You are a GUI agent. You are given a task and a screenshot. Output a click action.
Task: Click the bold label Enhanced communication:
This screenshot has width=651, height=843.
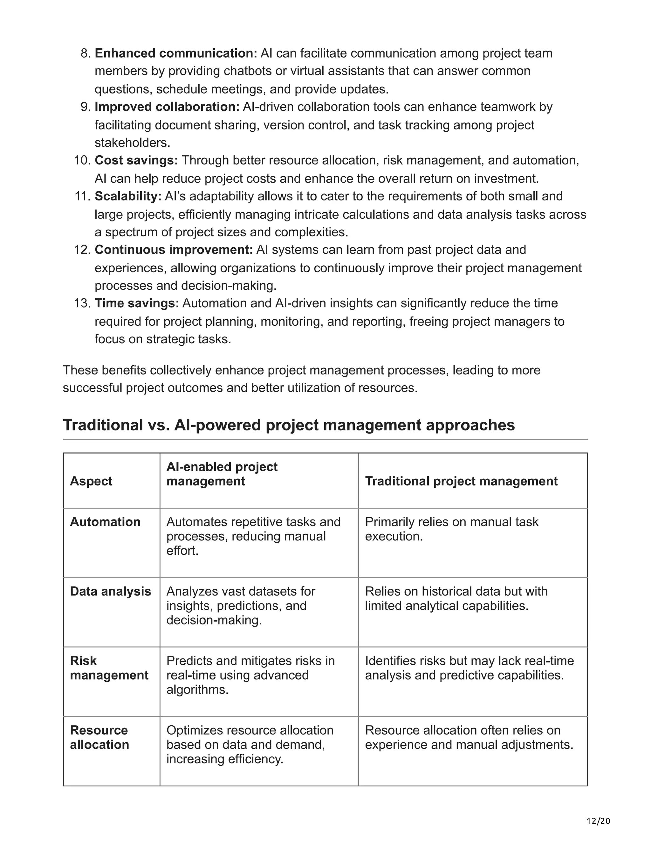176,53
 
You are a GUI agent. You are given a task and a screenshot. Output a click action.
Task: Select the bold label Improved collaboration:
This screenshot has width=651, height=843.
167,107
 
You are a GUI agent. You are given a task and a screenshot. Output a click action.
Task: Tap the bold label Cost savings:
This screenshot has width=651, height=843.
136,160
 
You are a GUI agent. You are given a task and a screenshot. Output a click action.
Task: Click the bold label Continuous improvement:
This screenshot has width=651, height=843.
174,250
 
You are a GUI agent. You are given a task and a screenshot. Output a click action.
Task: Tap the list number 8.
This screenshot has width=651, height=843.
85,53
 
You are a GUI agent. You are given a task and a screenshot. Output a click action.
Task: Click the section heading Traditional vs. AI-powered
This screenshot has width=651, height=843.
289,425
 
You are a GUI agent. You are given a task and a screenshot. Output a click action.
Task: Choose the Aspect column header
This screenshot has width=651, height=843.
91,481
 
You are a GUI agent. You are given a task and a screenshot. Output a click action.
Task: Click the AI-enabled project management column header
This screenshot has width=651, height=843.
222,474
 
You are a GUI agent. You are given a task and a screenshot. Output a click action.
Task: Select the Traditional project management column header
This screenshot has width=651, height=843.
461,481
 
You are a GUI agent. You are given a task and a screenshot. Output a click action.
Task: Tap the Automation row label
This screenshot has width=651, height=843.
105,522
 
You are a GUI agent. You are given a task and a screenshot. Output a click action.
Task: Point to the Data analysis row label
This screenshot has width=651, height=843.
110,591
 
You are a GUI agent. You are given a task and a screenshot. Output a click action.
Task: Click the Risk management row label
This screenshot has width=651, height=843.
109,668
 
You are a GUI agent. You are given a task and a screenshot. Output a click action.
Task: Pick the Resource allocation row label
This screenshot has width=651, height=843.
99,737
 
